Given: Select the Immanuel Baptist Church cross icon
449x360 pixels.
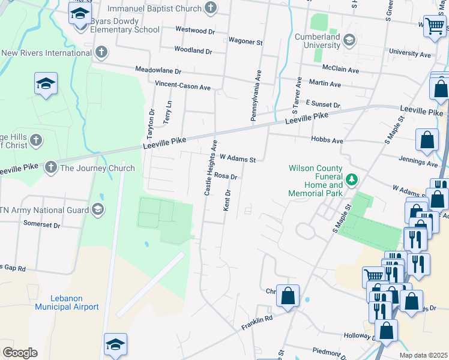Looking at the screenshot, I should (x=210, y=8).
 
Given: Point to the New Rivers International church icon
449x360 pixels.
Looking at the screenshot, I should (x=101, y=52).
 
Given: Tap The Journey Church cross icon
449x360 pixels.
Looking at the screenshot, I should (x=51, y=168).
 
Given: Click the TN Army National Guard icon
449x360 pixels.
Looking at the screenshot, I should (x=97, y=209).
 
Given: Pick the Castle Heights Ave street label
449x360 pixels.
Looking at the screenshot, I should (x=210, y=168).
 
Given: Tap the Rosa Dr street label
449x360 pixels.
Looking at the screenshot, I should (x=226, y=176).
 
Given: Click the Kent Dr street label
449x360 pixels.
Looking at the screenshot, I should (x=228, y=200).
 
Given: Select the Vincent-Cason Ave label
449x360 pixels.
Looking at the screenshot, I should (x=182, y=86).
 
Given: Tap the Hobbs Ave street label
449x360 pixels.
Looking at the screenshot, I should (x=327, y=139).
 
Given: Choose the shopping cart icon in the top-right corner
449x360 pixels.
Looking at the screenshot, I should (x=434, y=25).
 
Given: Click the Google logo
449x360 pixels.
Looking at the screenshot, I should (x=20, y=352).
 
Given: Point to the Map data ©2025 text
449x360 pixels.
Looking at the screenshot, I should (x=423, y=355).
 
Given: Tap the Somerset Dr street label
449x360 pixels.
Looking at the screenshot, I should (x=41, y=224).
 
